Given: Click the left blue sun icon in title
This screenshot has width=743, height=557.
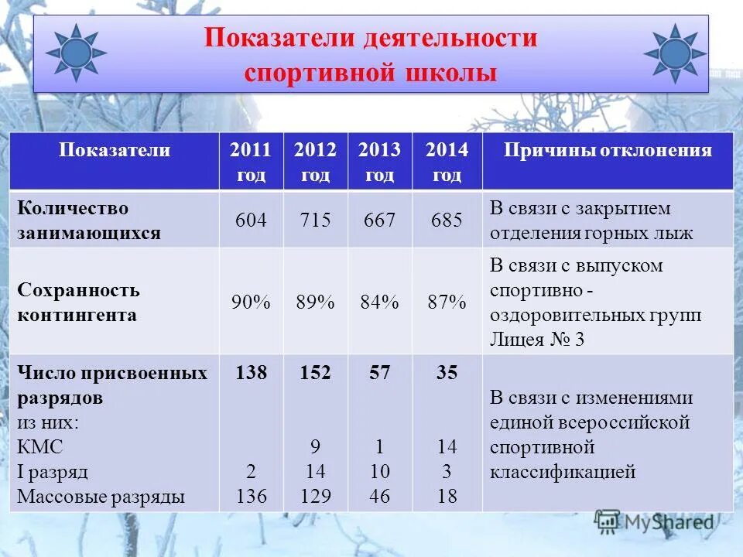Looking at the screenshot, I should click(75, 53).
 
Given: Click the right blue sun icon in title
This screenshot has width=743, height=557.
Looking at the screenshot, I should click(675, 53).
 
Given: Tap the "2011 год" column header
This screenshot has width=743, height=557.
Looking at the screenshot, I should click(251, 162).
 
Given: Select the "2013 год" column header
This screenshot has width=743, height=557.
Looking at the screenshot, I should click(379, 162).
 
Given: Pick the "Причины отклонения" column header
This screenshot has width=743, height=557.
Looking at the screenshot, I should click(608, 151).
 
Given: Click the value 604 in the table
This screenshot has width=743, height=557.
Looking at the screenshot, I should click(251, 220).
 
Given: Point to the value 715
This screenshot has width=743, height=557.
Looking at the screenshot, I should click(315, 220).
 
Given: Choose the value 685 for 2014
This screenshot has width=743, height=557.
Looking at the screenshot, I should click(447, 220).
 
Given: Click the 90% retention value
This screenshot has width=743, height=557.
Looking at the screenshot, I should click(251, 302).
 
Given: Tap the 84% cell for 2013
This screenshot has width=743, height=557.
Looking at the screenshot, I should click(379, 302).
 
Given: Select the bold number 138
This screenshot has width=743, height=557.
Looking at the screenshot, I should click(251, 374).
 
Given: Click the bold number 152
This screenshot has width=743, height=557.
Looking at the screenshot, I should click(315, 374).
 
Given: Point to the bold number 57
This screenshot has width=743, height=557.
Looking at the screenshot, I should click(379, 374).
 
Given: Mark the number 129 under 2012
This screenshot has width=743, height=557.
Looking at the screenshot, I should click(315, 496).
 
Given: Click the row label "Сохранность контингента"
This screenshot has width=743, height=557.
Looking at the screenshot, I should click(78, 302).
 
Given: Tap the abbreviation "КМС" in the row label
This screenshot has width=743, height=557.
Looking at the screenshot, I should click(40, 447).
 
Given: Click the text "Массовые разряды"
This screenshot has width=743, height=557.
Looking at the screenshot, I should click(101, 497).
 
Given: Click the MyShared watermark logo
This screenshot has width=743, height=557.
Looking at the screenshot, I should click(654, 522).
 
